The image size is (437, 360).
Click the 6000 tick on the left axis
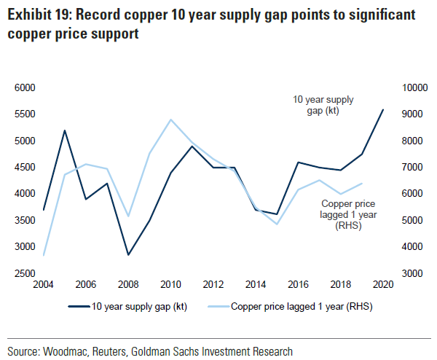25,87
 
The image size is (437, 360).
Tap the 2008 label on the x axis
129,284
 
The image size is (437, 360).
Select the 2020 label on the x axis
383,284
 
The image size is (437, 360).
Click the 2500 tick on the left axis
25,273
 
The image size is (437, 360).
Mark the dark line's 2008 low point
129,255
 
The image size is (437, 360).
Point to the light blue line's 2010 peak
170,120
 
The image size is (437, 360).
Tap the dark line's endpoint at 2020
383,110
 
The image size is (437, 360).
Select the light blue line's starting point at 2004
44,255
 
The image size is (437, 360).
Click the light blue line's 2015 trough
277,224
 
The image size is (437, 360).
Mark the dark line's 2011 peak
192,146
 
